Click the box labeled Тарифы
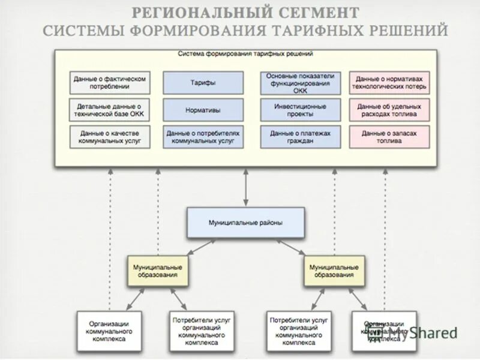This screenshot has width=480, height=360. pyautogui.click(x=203, y=83)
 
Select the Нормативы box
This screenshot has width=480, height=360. pyautogui.click(x=203, y=110)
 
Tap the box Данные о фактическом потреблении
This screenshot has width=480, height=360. pyautogui.click(x=109, y=83)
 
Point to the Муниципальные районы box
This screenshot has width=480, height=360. pyautogui.click(x=245, y=223)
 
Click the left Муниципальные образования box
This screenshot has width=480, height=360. pyautogui.click(x=158, y=271)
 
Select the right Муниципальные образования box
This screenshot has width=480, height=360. pyautogui.click(x=334, y=271)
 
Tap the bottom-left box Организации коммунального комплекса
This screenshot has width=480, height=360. pyautogui.click(x=109, y=331)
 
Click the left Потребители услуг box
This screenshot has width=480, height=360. pyautogui.click(x=202, y=331)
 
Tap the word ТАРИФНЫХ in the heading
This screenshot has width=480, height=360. pyautogui.click(x=319, y=30)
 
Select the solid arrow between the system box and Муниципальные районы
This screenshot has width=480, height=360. pyautogui.click(x=245, y=187)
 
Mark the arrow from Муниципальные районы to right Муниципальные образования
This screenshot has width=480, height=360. pyautogui.click(x=291, y=246)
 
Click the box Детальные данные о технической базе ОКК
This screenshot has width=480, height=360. pyautogui.click(x=109, y=110)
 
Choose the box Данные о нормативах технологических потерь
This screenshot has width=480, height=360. pyautogui.click(x=389, y=83)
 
